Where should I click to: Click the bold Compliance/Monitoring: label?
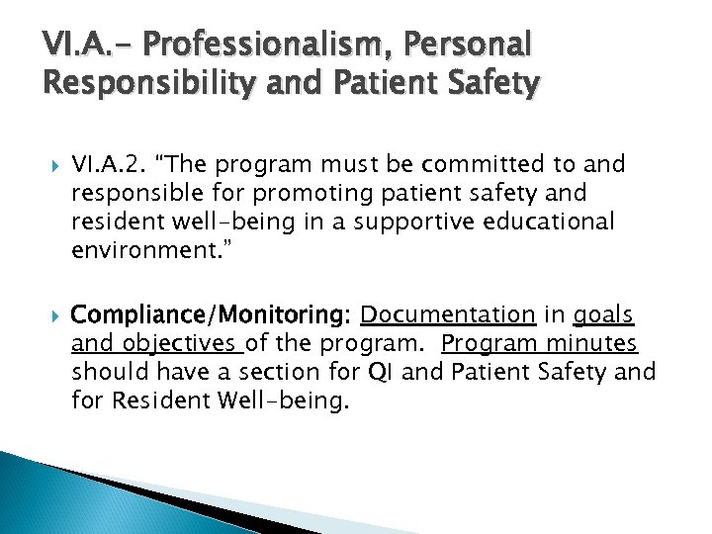(212, 315)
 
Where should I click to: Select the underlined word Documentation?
(448, 315)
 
